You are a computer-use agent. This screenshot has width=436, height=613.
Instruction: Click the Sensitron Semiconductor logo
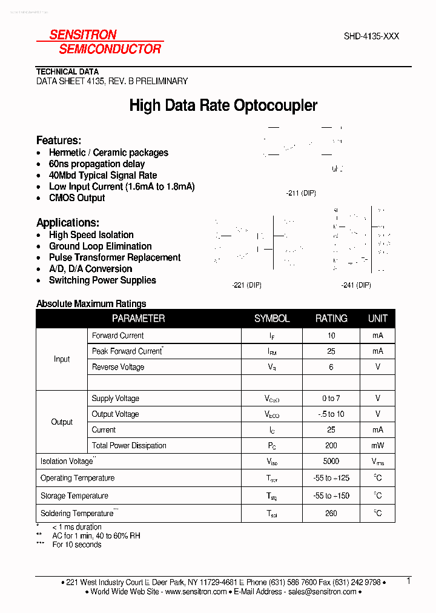100,42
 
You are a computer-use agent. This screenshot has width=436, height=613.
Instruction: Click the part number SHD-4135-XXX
371,36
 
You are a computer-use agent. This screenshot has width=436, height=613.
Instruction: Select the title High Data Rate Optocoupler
223,106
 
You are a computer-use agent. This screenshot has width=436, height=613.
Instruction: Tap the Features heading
59,140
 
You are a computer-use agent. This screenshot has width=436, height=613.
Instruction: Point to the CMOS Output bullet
77,198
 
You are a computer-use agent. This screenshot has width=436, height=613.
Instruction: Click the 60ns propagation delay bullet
97,164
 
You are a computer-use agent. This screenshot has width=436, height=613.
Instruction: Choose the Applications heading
68,222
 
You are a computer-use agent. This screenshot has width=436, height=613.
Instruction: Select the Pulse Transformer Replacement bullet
114,257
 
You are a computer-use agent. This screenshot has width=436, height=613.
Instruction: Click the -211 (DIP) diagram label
300,193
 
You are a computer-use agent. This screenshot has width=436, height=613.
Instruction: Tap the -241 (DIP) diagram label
355,285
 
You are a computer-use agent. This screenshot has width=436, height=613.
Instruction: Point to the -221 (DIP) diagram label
246,285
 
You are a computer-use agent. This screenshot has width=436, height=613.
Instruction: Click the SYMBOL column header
272,319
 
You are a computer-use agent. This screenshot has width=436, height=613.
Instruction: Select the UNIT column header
378,319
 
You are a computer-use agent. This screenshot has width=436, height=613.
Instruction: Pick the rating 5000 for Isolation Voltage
331,461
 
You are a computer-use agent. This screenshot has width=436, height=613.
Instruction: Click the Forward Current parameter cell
118,336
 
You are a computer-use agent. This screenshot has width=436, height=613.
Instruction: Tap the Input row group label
62,359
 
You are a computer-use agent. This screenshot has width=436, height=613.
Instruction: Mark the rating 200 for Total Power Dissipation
331,445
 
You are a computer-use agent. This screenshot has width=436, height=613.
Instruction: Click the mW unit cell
378,445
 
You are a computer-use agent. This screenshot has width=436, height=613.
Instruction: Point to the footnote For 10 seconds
77,545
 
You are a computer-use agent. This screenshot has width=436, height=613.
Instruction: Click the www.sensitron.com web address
196,592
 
